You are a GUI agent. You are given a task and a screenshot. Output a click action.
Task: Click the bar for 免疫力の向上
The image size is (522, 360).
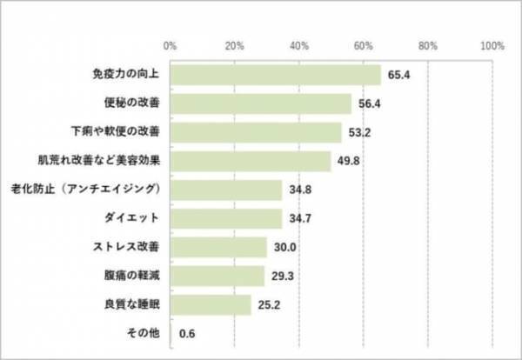point(275,76)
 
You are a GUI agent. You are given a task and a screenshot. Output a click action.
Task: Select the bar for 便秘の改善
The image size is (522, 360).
point(261,104)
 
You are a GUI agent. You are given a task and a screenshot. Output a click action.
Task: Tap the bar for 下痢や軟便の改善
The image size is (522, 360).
point(256,133)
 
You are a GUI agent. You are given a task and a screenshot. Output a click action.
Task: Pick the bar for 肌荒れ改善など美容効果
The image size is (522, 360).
point(251,162)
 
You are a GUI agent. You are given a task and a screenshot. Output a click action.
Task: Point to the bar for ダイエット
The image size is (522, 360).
point(225,218)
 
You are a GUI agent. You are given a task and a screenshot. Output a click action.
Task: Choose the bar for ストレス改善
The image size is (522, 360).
point(218,247)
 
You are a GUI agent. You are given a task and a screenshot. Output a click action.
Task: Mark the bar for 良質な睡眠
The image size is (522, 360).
point(211,304)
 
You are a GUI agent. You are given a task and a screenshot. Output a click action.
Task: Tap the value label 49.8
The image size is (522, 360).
point(348,162)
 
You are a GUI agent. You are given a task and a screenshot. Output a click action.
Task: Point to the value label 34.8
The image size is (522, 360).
point(299,190)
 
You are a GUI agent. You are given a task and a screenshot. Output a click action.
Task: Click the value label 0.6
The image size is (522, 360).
point(187,333)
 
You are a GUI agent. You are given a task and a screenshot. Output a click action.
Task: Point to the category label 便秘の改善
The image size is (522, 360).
point(127,104)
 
